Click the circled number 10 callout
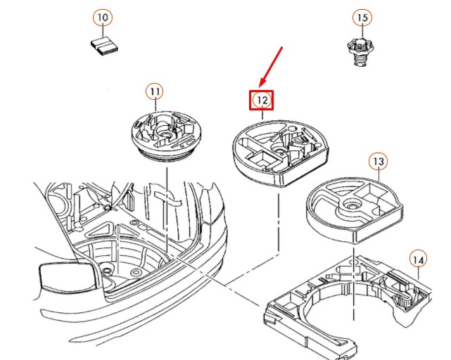[103, 18]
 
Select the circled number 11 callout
[155, 91]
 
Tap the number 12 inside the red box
[262, 101]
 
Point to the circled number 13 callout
[379, 162]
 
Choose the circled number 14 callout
[418, 260]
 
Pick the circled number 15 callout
[362, 18]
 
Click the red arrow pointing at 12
[271, 67]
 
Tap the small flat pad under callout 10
[104, 46]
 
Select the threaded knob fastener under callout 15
[360, 53]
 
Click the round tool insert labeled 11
[166, 136]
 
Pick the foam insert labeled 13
[355, 210]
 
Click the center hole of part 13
[350, 205]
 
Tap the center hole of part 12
[279, 150]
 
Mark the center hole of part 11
[165, 134]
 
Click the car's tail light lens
[67, 275]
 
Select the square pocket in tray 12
[261, 159]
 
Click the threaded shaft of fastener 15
[360, 60]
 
